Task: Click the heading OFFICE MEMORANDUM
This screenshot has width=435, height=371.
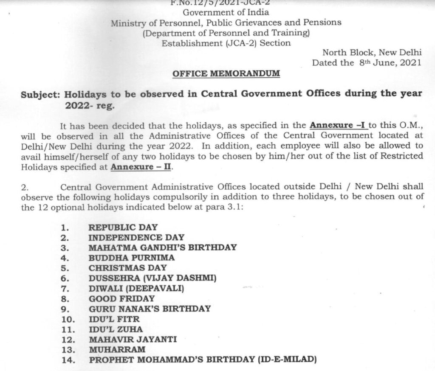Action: tap(226, 73)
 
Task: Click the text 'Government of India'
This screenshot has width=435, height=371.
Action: tap(226, 12)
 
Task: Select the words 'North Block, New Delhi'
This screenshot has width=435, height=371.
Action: tap(372, 53)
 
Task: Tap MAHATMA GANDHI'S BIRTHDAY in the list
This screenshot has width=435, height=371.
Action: tap(162, 247)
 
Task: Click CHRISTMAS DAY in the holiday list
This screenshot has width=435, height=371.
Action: tap(127, 268)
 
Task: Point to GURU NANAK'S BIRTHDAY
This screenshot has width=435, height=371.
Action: tap(150, 309)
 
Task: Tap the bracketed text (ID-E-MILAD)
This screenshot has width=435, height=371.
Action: tap(287, 360)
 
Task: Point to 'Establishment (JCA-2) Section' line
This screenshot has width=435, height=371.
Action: tap(226, 43)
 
